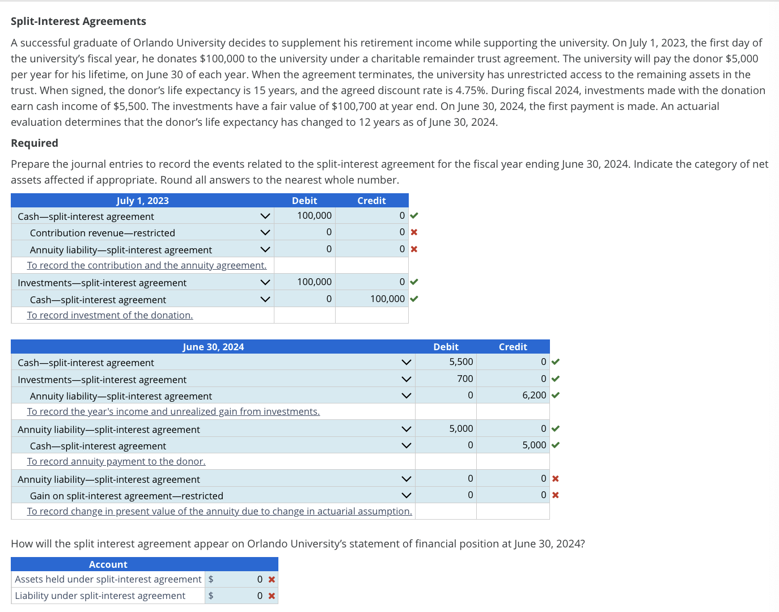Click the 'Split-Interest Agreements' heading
[78, 22]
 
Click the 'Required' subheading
[35, 143]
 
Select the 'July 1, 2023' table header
[142, 201]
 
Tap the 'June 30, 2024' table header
[213, 347]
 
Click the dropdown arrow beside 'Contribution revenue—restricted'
[265, 232]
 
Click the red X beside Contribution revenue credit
[414, 232]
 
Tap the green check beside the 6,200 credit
[556, 396]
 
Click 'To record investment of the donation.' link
[110, 316]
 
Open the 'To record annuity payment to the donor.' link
[116, 462]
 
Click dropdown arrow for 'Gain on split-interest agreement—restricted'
[406, 495]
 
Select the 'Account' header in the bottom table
[108, 564]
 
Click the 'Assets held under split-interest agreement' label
[108, 579]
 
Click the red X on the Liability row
[272, 596]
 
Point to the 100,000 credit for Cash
[387, 299]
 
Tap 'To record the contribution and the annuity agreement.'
[147, 266]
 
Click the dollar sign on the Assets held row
[211, 579]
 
